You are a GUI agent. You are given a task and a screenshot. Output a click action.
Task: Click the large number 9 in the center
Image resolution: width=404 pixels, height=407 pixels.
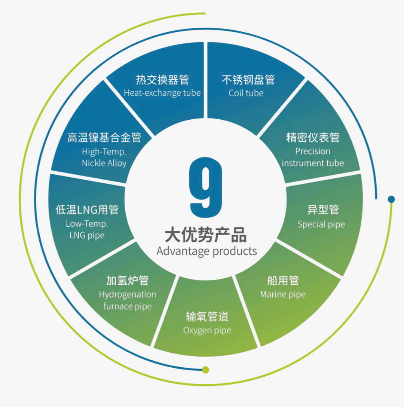[206, 187]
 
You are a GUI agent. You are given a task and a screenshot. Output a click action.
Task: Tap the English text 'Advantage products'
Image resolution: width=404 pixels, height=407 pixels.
[206, 251]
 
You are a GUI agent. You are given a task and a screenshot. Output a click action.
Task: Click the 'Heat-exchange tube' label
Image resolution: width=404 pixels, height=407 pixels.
[162, 93]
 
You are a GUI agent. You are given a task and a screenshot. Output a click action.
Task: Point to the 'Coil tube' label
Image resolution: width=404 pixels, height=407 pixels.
[246, 93]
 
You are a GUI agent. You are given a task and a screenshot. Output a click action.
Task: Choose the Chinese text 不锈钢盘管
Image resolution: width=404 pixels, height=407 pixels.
[248, 80]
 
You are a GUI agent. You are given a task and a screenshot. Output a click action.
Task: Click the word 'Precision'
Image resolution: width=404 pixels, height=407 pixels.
[313, 151]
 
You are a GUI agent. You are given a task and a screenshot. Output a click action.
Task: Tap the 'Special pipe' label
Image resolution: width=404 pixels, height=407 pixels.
[321, 224]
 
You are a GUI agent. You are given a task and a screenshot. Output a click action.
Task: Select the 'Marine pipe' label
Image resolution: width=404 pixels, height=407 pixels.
[283, 294]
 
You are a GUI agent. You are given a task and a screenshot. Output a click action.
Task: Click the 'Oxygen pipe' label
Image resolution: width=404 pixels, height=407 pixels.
[207, 330]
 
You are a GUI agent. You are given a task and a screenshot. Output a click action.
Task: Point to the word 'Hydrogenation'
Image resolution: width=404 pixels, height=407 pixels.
[128, 294]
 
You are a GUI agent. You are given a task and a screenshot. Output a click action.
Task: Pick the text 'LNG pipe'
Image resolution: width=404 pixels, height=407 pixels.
[87, 235]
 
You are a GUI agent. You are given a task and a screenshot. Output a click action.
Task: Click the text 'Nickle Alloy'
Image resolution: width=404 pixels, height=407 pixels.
[104, 163]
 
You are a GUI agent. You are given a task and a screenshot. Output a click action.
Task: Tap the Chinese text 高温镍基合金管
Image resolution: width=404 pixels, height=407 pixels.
[104, 138]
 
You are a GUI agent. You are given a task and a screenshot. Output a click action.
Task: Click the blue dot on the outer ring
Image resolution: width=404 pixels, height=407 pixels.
[391, 199]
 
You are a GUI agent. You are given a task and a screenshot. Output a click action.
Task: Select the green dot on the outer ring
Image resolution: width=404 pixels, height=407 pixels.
[205, 370]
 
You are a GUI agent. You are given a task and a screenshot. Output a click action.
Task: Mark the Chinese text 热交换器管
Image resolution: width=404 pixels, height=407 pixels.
[162, 80]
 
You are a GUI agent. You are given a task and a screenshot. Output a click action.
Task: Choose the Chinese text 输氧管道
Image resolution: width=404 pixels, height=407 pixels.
[207, 317]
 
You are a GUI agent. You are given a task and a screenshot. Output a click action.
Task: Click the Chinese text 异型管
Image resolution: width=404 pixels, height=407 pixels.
[323, 210]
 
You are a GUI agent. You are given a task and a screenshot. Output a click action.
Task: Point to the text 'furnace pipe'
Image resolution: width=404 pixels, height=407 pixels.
[128, 306]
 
